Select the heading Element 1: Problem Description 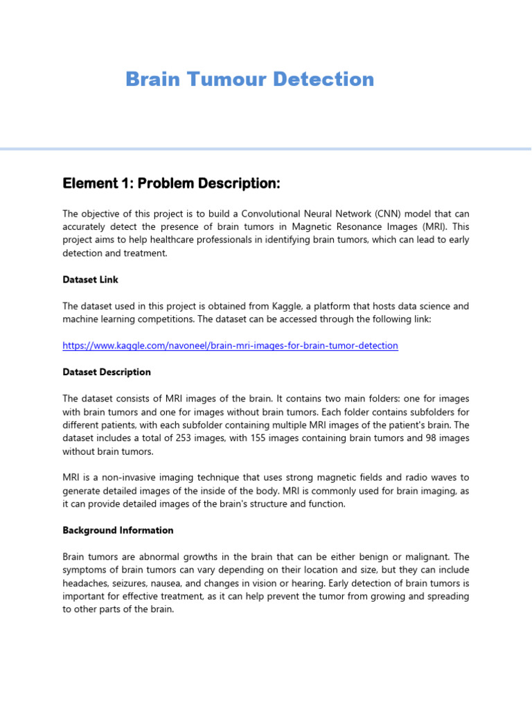[171, 183]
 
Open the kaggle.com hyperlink [230, 345]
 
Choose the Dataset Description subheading [107, 372]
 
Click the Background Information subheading [118, 530]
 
